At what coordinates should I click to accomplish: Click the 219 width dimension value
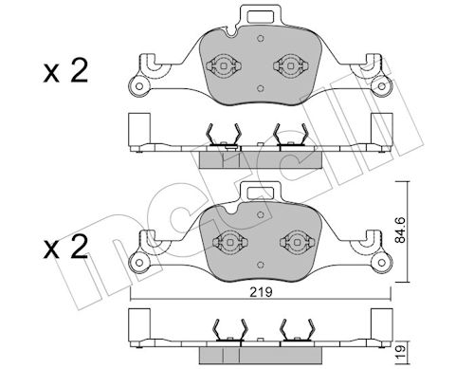[261, 292]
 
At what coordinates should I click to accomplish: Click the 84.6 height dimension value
[400, 230]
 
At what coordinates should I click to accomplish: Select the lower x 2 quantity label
[65, 248]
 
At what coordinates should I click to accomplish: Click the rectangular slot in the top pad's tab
[260, 16]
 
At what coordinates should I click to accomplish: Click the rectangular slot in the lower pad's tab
[260, 193]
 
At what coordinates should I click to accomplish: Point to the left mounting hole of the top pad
[138, 85]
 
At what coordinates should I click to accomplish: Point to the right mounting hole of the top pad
[382, 86]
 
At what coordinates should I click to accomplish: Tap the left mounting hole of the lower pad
[138, 262]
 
